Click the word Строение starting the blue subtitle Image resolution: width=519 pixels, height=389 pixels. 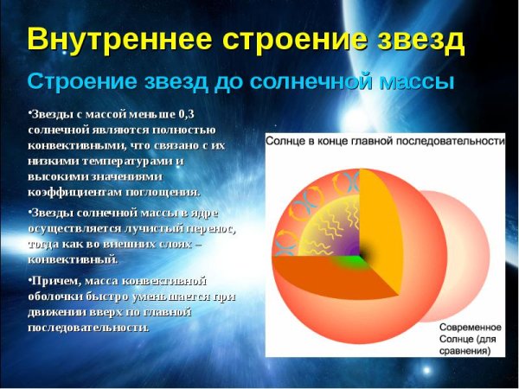(x=77, y=83)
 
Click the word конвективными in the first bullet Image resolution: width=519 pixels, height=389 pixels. (x=68, y=145)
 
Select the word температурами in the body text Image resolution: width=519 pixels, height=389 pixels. (x=121, y=161)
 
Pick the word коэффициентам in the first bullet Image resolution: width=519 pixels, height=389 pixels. (x=71, y=192)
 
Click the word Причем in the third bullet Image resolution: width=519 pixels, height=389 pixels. (x=54, y=281)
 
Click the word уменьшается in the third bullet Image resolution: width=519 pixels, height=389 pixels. (x=162, y=297)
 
